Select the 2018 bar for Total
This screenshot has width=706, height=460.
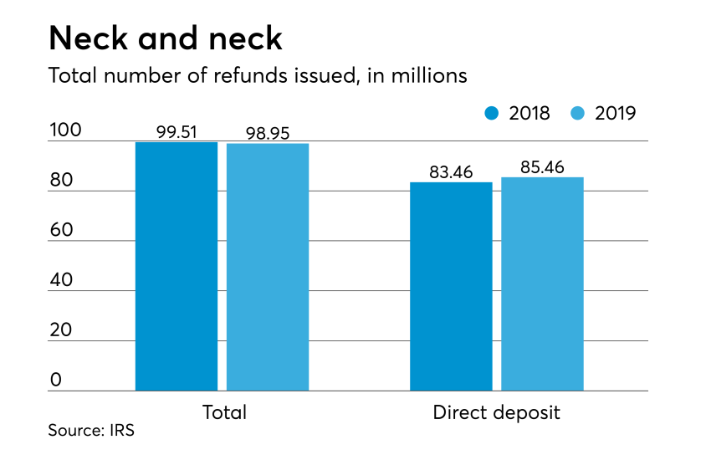pos(176,266)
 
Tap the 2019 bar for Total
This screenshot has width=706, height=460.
pos(268,267)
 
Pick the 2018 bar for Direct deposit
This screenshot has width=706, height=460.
pos(451,286)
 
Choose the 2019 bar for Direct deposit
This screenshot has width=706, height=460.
pos(542,284)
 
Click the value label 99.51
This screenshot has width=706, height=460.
pos(176,131)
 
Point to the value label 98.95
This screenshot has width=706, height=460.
pos(268,133)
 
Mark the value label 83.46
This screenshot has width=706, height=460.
pos(451,172)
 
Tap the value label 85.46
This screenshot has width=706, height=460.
pos(542,167)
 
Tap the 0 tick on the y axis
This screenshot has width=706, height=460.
pos(56,381)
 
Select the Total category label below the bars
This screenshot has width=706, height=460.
pos(223,412)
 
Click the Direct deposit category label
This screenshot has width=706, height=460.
pos(496,412)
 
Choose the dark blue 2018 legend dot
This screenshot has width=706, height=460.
pos(492,113)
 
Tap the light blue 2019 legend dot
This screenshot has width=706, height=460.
pos(578,113)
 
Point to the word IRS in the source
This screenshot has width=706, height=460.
pos(120,432)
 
